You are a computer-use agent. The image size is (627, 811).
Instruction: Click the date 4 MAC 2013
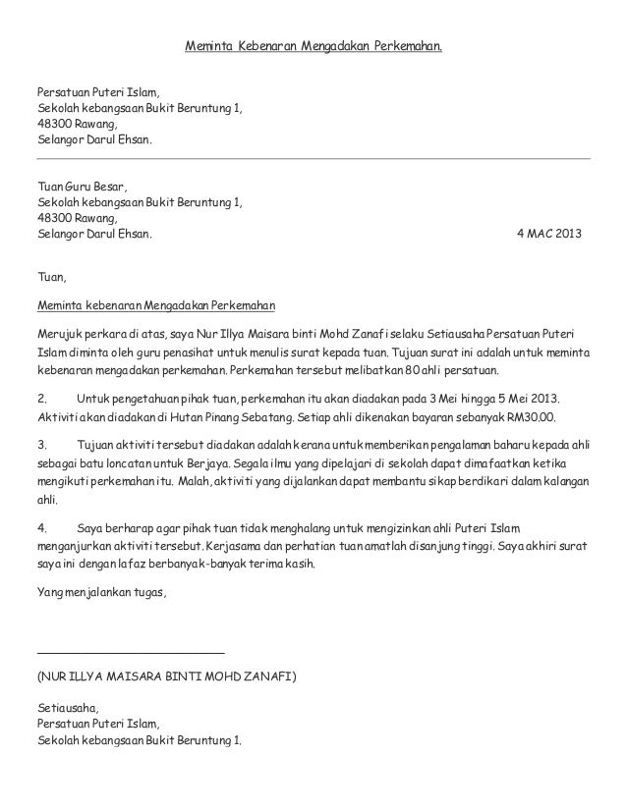(548, 236)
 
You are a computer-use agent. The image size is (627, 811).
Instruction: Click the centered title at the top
(314, 46)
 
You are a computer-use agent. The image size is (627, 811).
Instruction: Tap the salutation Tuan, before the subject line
(50, 278)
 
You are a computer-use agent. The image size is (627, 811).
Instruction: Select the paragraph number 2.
(40, 400)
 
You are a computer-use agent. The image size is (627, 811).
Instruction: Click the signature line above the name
(130, 653)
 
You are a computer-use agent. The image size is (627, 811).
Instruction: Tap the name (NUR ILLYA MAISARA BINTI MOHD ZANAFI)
(164, 677)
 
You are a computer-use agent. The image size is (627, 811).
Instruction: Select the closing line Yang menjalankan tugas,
(101, 593)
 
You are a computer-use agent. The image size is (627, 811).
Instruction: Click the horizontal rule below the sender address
(313, 158)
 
